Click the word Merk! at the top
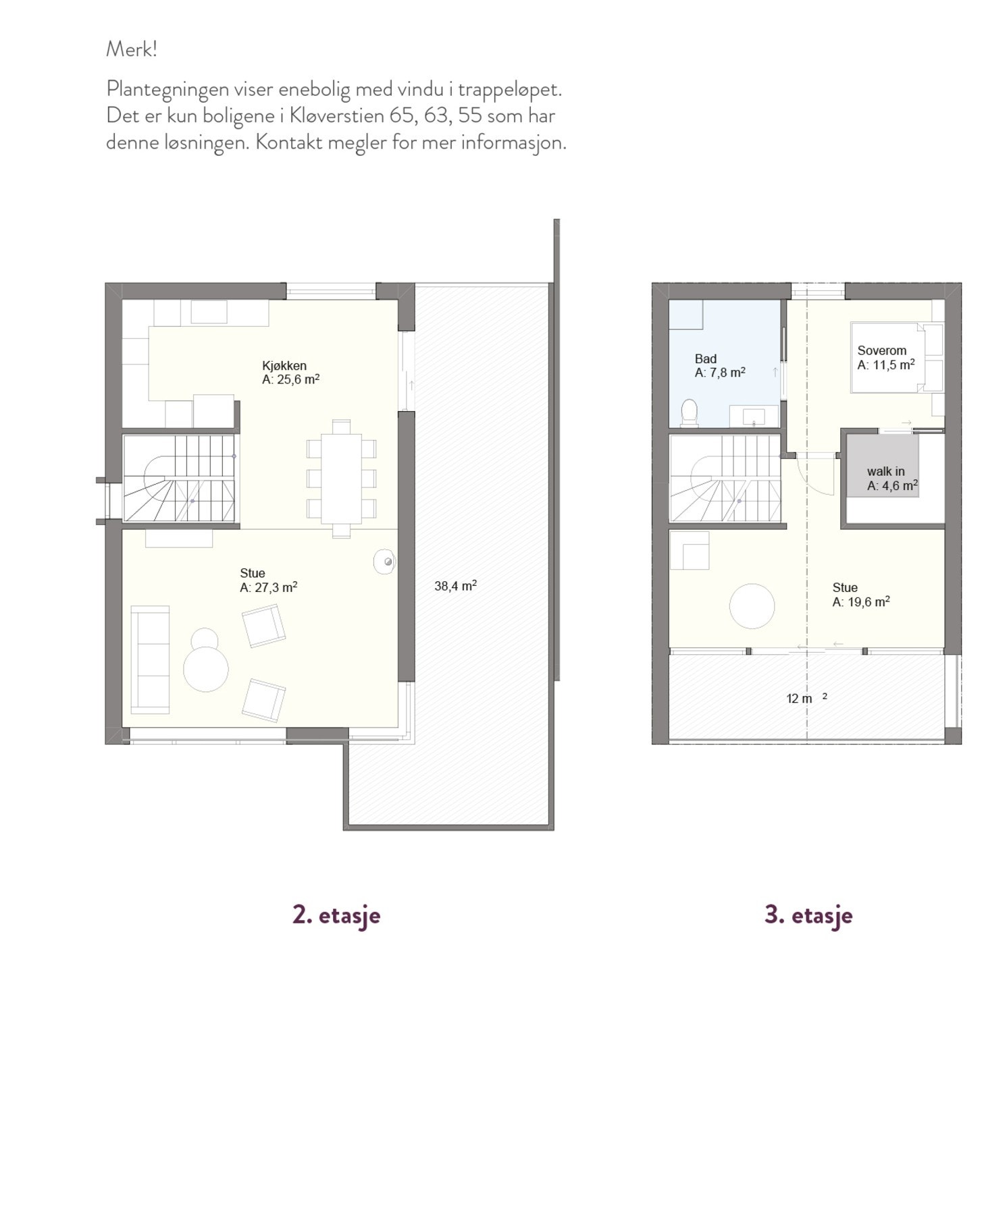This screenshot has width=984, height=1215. [x=131, y=49]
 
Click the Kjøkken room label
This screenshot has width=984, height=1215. [x=284, y=366]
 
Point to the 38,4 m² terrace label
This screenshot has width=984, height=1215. [x=455, y=586]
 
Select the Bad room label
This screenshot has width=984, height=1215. [x=705, y=359]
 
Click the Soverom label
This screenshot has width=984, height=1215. [x=881, y=350]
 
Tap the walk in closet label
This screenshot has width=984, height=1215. [x=885, y=471]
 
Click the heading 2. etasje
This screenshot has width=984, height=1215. [x=336, y=915]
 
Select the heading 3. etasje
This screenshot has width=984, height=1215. [x=808, y=915]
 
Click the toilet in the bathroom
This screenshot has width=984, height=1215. [x=689, y=412]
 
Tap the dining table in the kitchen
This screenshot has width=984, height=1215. [x=341, y=479]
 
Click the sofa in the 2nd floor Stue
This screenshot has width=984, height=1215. [x=150, y=659]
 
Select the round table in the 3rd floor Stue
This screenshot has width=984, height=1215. [x=752, y=605]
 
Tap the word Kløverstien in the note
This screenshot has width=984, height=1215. [x=336, y=115]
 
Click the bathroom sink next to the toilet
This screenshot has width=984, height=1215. [x=754, y=416]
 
